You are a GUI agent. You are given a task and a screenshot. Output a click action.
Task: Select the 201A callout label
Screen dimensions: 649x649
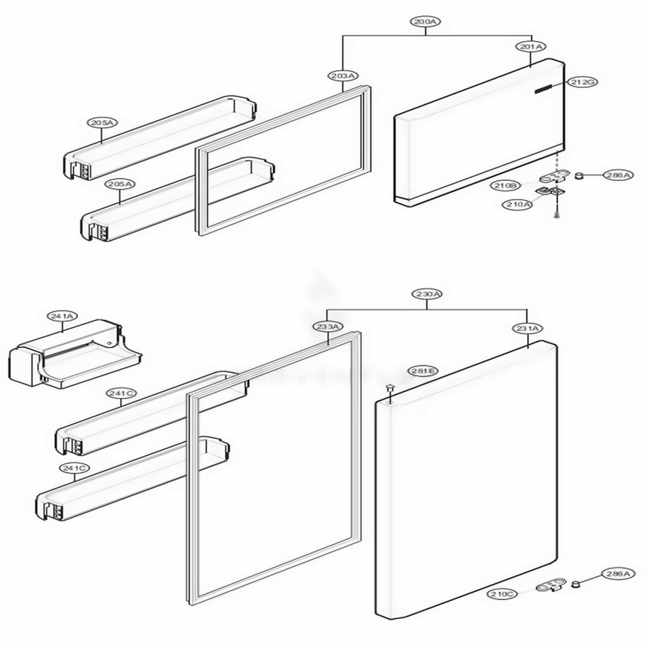pyautogui.click(x=532, y=47)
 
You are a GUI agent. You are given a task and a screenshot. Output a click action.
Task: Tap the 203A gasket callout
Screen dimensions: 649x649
pyautogui.click(x=342, y=76)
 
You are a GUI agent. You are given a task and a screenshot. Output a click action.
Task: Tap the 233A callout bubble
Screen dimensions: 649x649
pyautogui.click(x=326, y=326)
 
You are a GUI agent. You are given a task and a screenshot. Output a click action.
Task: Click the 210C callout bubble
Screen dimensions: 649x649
pyautogui.click(x=502, y=594)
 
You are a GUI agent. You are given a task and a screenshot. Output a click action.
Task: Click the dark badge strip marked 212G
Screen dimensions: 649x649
pyautogui.click(x=544, y=91)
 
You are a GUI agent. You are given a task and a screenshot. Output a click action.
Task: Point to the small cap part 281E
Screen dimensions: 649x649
pyautogui.click(x=390, y=389)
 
